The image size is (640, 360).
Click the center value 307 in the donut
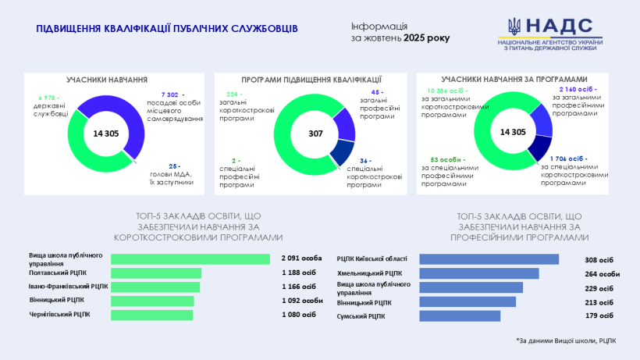[x=315, y=134]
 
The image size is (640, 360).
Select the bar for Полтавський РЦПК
[x=156, y=273]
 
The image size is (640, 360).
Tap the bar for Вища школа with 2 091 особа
[x=190, y=259]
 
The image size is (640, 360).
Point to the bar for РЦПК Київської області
[x=489, y=259]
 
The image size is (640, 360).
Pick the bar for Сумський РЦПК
[x=460, y=315]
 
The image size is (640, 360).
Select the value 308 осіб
[x=599, y=259]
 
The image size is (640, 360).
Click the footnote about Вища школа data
[x=566, y=340]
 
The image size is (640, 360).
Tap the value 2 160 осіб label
[x=578, y=90]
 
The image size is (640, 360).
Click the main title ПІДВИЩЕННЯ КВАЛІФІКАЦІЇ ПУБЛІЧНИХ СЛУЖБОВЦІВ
[x=167, y=29]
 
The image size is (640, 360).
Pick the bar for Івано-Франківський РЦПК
[x=155, y=287]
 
